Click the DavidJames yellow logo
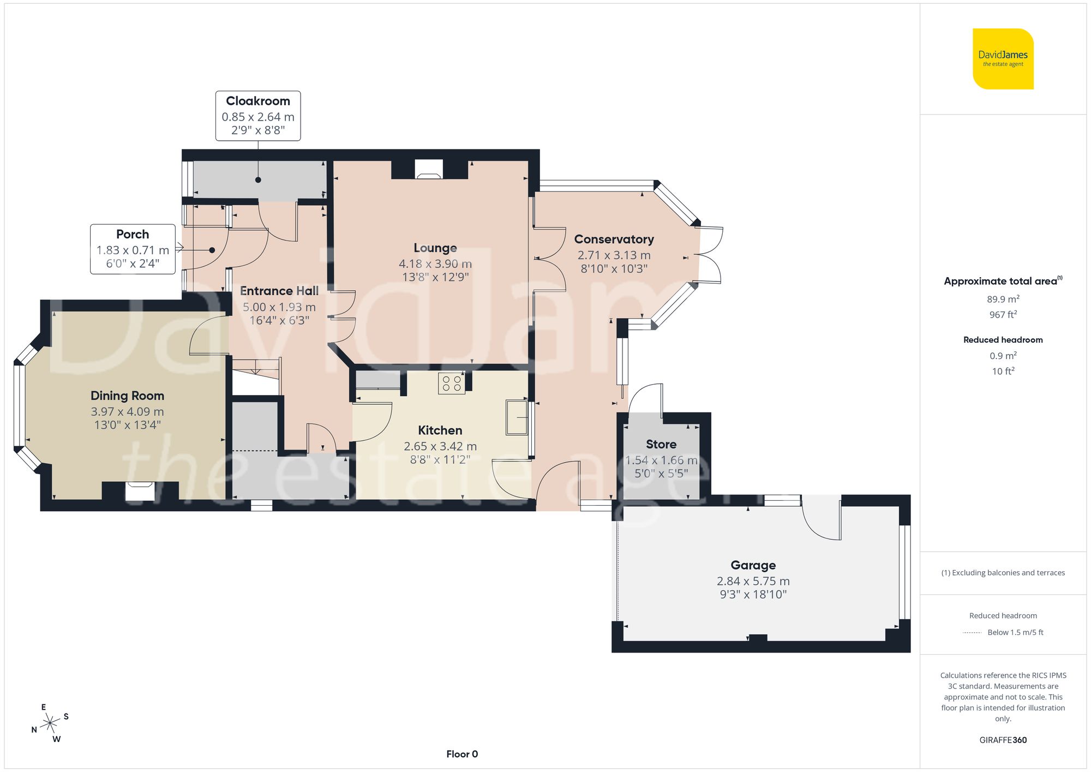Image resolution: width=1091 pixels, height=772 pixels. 1003,59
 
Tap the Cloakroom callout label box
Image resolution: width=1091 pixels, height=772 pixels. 258,116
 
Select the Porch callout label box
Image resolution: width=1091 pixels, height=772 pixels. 133,249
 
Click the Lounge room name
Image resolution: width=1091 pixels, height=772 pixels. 435,248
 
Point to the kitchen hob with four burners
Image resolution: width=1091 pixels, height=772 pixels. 452,383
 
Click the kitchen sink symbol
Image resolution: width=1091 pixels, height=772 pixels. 516,417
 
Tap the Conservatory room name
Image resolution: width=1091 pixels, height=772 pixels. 614,240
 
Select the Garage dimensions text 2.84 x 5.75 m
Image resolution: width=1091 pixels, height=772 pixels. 753,581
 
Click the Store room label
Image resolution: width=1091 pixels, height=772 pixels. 661,444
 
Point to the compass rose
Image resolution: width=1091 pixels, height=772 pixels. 50,723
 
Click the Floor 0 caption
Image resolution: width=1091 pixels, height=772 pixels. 461,754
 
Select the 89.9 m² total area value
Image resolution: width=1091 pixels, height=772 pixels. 1003,299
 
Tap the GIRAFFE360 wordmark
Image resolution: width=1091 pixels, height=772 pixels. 1003,740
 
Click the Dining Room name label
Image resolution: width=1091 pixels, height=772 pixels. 127,396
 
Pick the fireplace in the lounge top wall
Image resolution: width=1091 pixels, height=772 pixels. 429,169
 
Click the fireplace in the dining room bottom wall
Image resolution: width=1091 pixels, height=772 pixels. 140,491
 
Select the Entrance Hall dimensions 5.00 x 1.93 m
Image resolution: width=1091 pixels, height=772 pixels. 279,307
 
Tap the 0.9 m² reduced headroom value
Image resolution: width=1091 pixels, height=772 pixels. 1003,356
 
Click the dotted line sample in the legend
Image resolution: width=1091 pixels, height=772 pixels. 972,632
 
